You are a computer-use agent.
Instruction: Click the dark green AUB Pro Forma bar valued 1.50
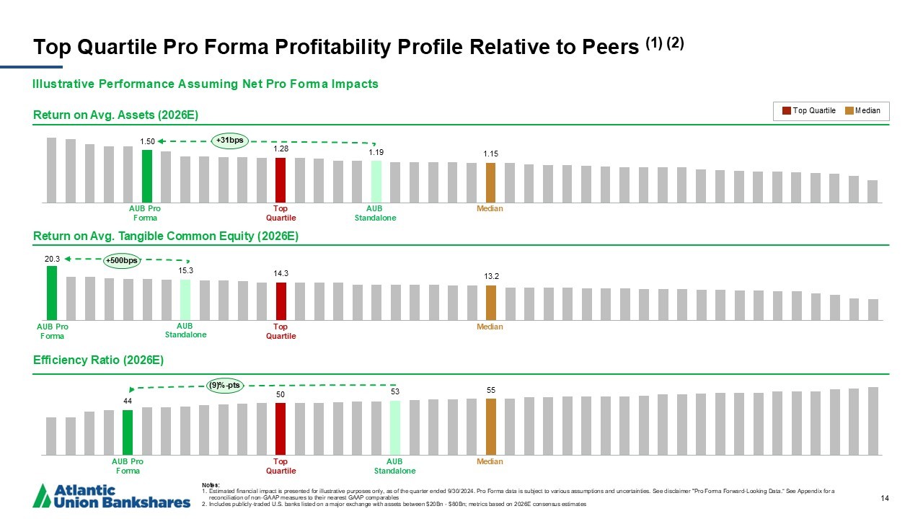[146, 176]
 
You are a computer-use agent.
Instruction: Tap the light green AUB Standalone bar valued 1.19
[376, 182]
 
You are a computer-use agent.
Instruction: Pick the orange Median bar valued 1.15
[490, 182]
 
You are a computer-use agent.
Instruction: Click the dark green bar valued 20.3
[52, 293]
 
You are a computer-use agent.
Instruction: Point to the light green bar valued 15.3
[185, 299]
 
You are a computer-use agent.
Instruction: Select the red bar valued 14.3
[281, 301]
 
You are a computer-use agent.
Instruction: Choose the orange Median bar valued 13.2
[490, 302]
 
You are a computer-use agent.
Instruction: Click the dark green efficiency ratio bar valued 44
[128, 432]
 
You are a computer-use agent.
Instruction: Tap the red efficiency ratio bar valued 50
[281, 429]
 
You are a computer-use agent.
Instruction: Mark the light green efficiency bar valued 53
[394, 427]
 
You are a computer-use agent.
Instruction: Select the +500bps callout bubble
[121, 260]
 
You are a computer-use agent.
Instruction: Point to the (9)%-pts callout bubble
[225, 386]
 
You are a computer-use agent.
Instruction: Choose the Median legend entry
[862, 111]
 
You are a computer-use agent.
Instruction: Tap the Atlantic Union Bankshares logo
[112, 495]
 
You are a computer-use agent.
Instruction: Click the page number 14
[886, 497]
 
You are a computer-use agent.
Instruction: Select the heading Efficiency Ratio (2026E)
[98, 360]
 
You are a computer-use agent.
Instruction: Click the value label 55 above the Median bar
[490, 390]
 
